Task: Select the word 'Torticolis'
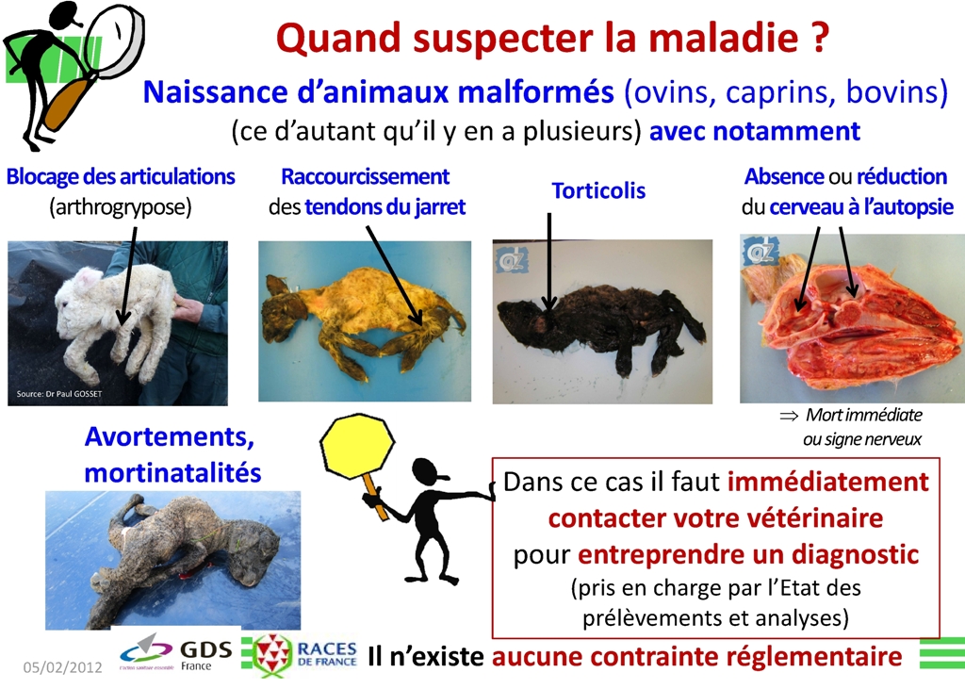[598, 190]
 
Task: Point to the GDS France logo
[176, 654]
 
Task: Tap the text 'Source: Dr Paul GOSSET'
[59, 393]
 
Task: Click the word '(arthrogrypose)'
[121, 206]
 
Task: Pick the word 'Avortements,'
[170, 436]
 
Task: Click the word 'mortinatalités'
[173, 472]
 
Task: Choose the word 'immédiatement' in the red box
[828, 482]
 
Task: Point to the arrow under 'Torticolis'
[549, 261]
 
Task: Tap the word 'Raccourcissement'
[366, 176]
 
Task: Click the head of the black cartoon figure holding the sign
[429, 473]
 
